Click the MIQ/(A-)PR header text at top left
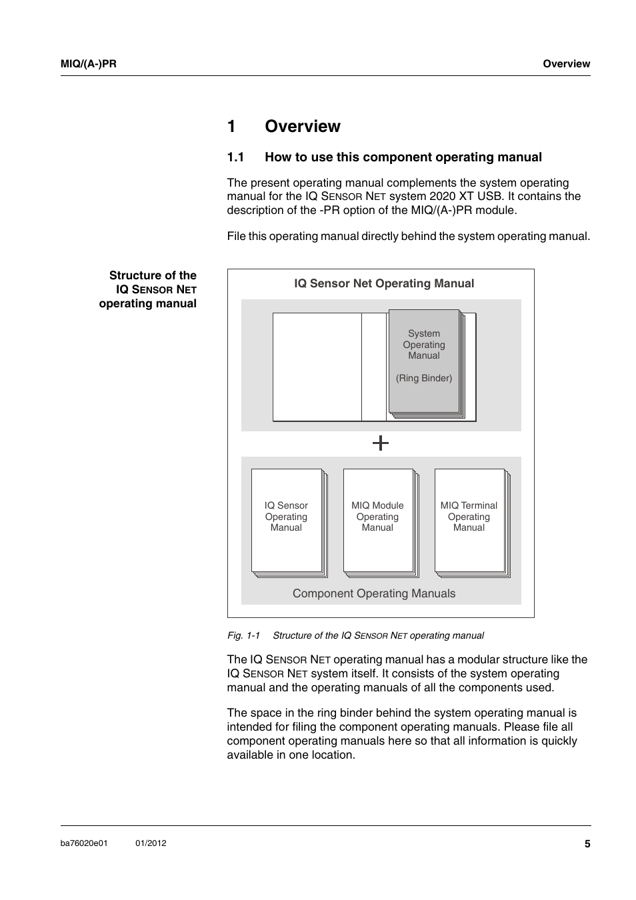coord(89,64)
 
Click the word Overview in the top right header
coord(566,64)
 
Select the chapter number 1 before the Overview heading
coord(231,127)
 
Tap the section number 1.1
coord(235,157)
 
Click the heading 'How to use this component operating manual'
coord(403,157)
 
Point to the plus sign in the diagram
coord(381,443)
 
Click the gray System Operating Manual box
coord(424,361)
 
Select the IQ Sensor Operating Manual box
coord(286,520)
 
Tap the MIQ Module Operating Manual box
coord(377,520)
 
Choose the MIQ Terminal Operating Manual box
coord(469,520)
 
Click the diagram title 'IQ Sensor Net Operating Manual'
coord(384,283)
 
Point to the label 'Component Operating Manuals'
coord(374,593)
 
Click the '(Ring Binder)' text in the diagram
coord(424,378)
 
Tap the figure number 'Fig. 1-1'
coord(243,635)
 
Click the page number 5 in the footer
coord(587,844)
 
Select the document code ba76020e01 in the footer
coord(84,843)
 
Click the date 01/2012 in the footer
coord(151,843)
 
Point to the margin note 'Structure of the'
coord(153,275)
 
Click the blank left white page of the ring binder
coord(317,367)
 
